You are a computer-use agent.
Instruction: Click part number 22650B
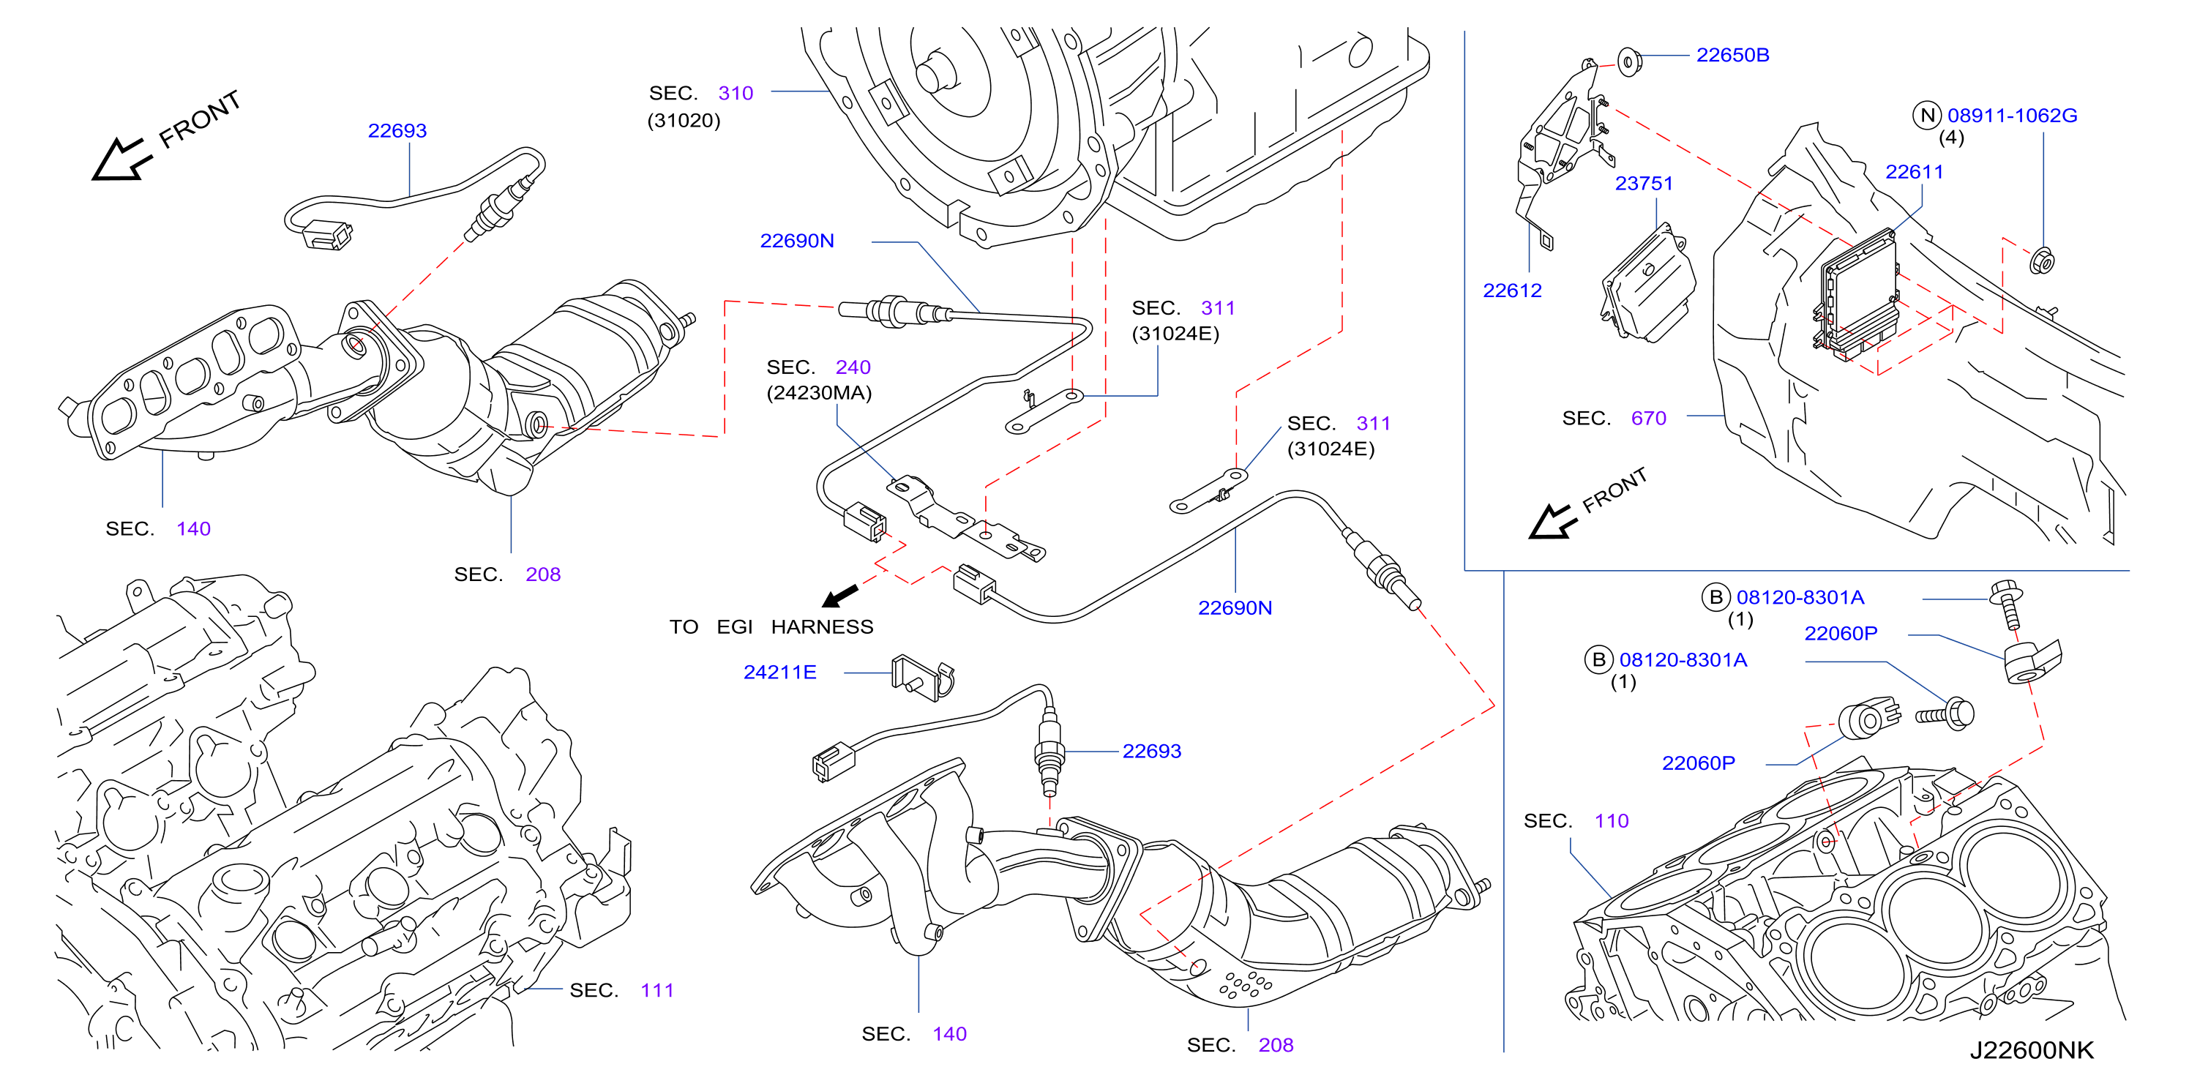(1732, 55)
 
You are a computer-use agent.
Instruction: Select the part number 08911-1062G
(2011, 116)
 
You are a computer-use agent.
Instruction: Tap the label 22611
(1914, 172)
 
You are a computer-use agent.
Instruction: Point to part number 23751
(1644, 184)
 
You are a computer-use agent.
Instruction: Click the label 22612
(1512, 291)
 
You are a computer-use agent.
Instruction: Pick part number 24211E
(779, 673)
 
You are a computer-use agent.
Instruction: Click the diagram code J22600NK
(2031, 1050)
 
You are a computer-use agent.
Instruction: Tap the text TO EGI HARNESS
(771, 627)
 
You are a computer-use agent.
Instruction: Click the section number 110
(1611, 821)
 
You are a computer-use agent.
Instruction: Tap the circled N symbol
(1927, 116)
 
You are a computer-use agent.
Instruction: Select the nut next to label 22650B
(1628, 61)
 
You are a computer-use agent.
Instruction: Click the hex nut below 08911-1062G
(2041, 261)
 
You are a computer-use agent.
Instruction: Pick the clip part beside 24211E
(923, 677)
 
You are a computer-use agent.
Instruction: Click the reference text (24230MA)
(818, 392)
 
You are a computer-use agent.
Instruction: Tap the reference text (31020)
(684, 121)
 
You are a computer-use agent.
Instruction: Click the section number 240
(853, 367)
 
